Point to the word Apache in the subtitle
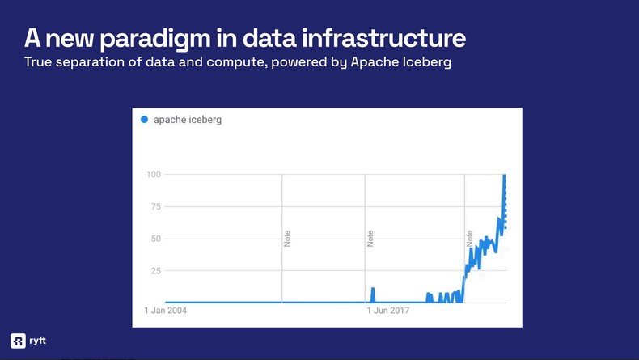373,62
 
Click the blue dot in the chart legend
145,120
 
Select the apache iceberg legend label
187,120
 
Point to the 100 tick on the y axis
154,175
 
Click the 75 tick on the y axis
155,207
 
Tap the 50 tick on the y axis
155,239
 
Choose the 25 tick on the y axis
155,270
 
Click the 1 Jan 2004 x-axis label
170,310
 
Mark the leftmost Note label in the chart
287,239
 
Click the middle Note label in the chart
370,239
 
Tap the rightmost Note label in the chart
469,239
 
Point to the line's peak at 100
505,176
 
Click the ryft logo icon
18,341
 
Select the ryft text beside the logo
37,341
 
